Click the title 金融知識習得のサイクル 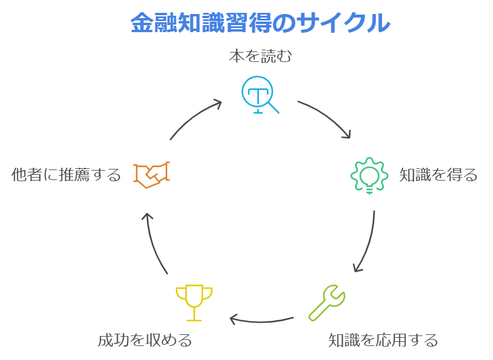[x=260, y=23]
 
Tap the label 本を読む [x=259, y=57]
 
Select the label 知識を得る [x=438, y=175]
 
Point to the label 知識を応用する [x=382, y=340]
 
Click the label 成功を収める [x=144, y=340]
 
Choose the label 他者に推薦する [x=66, y=174]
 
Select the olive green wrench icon [x=327, y=302]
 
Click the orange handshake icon [x=151, y=174]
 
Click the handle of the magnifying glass [x=273, y=106]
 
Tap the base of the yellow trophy [x=194, y=319]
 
